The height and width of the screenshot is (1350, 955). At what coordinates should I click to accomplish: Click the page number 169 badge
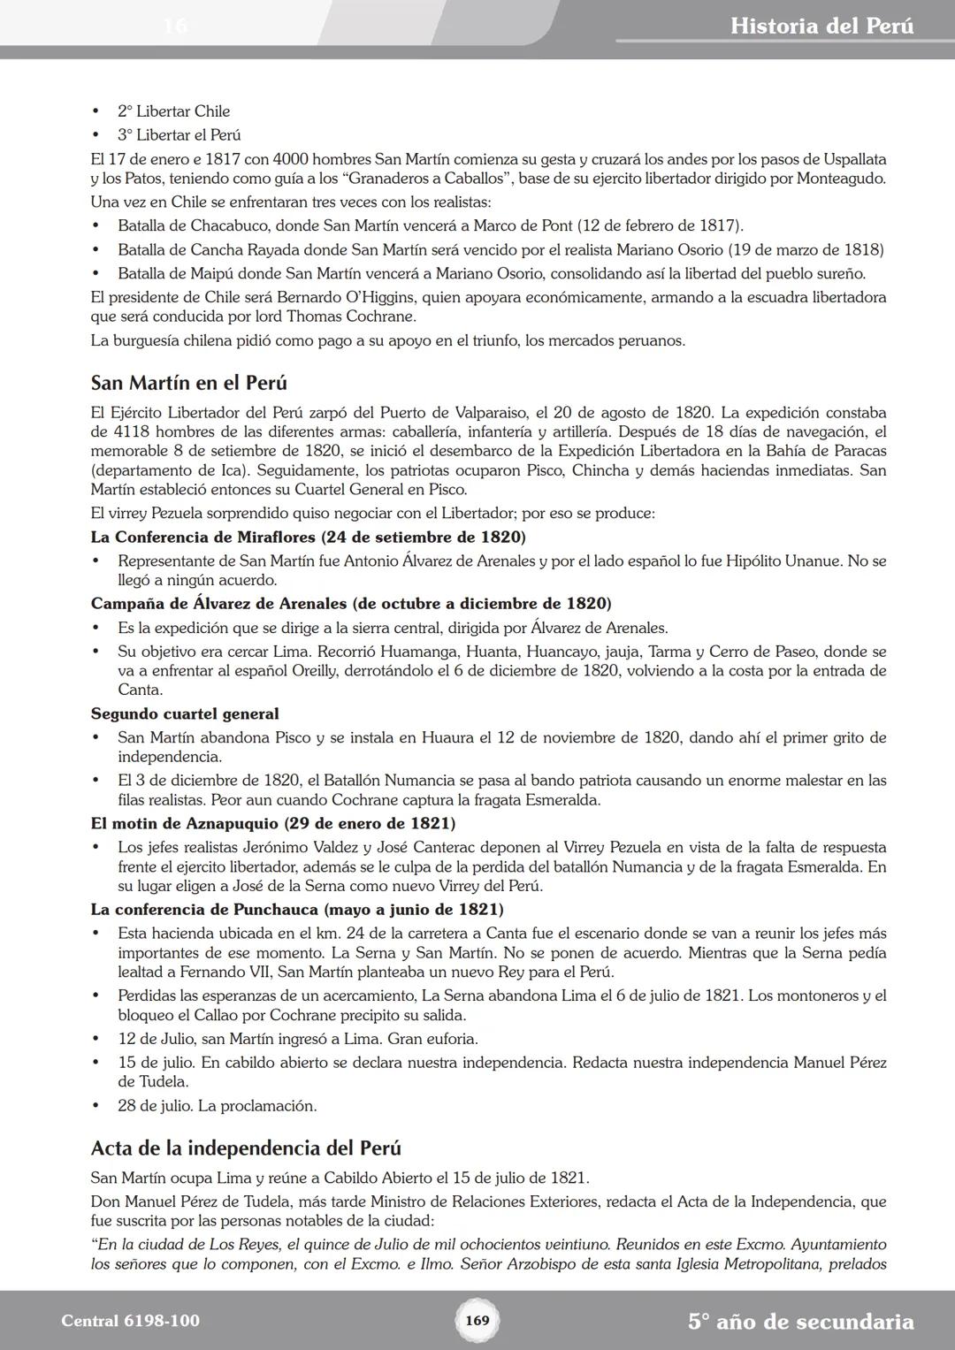477,1321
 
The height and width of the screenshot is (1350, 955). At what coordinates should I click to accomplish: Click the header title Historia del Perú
821,26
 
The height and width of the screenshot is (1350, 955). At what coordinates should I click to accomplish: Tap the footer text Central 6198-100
131,1321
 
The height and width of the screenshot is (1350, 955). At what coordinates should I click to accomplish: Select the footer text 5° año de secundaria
800,1322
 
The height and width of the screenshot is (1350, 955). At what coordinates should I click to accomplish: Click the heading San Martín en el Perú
188,383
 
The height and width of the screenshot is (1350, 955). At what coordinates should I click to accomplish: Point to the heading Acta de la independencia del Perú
246,1148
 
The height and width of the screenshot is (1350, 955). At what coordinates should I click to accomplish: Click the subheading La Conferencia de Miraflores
308,537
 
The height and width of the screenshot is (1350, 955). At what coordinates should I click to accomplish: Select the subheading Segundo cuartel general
185,713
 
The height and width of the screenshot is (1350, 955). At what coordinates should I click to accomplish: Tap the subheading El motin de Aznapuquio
272,823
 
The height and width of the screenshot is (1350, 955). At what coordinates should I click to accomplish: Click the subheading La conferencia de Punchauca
297,909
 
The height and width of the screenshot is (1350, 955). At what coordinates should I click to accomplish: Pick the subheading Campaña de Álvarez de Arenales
350,604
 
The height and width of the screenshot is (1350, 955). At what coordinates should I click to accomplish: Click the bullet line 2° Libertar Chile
173,111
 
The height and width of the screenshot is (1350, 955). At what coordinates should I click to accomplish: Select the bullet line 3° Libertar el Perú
179,135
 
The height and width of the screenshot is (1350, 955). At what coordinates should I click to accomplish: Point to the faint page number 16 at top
175,26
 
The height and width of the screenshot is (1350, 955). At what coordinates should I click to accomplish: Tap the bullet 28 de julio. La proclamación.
217,1105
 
